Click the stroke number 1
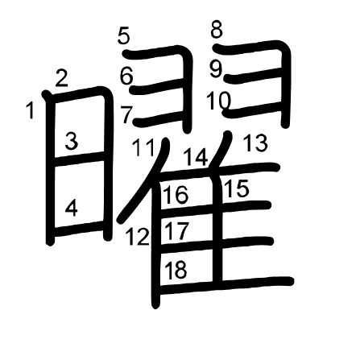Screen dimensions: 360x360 (x=31, y=110)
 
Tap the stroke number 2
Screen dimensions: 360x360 (x=61, y=78)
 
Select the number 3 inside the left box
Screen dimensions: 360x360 (x=72, y=142)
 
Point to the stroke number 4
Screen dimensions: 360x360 (x=72, y=209)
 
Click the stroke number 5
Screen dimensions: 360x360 (x=124, y=36)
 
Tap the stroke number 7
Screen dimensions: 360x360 (x=126, y=115)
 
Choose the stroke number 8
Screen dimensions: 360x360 (x=217, y=30)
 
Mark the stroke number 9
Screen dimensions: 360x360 (x=216, y=69)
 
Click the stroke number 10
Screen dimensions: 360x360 (x=218, y=101)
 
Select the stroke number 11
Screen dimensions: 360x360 (x=143, y=147)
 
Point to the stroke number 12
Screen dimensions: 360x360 (x=138, y=237)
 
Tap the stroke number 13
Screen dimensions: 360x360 (x=256, y=143)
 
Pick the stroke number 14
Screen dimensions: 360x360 (x=197, y=157)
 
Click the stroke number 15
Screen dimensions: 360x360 (x=237, y=188)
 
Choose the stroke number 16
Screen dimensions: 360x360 (x=176, y=195)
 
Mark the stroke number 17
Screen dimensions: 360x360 (x=176, y=231)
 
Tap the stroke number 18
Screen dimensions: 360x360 (x=176, y=269)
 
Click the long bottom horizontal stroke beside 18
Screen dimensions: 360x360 (x=224, y=285)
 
